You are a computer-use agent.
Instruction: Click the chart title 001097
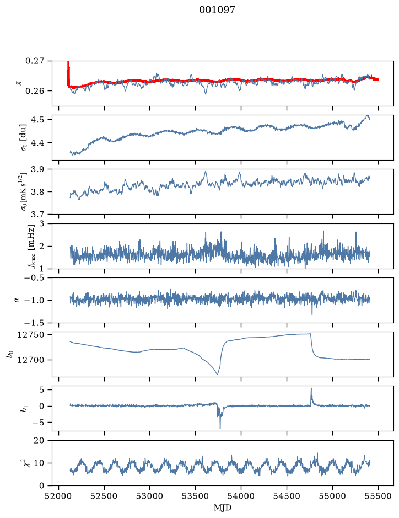(217, 10)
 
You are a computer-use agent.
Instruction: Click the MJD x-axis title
(222, 508)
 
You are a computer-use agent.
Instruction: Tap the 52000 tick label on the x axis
(59, 496)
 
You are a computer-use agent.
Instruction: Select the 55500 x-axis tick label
(378, 496)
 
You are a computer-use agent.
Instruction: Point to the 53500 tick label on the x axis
(196, 496)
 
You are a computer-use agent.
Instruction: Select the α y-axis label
(17, 300)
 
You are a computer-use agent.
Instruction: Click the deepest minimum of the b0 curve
(218, 374)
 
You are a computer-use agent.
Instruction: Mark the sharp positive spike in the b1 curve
(311, 389)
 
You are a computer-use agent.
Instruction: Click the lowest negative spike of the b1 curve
(220, 429)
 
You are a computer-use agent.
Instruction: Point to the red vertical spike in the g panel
(68, 73)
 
